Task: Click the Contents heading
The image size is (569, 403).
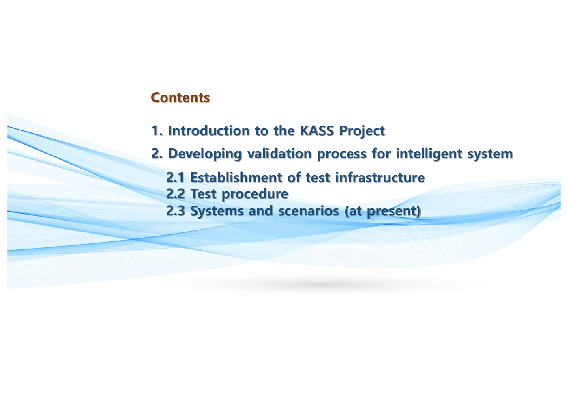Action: pos(180,97)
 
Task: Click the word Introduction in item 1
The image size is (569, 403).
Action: pos(209,131)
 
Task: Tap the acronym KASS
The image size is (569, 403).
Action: pos(316,131)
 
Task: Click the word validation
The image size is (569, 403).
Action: pos(279,154)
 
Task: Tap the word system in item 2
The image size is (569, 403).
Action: pos(490,155)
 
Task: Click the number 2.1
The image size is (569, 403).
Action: pos(175,178)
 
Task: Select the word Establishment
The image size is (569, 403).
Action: pos(236,178)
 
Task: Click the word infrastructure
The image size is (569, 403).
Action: pos(380,178)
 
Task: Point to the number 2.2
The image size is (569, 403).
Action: pos(175,194)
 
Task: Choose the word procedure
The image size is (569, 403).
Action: pos(255,195)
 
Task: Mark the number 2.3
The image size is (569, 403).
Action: pos(175,211)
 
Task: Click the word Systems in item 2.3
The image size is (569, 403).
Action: pos(217,211)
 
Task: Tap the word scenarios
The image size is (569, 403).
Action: pos(309,211)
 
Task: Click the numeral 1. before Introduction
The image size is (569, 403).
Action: pos(157,131)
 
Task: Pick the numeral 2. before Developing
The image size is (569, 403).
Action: pos(157,154)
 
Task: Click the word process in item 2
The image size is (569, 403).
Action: pos(341,155)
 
